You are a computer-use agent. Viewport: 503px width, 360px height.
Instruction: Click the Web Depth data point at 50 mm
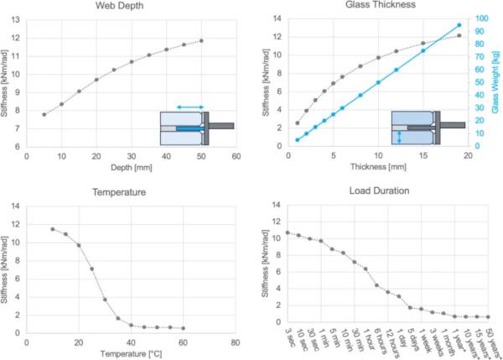click(x=201, y=40)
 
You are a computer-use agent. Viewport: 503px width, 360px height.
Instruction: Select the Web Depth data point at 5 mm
click(x=44, y=114)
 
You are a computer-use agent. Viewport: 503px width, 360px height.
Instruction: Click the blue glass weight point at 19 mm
click(x=459, y=25)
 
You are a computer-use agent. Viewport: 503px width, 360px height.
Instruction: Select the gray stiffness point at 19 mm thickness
click(x=459, y=35)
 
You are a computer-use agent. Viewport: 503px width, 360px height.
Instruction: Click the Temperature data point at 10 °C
click(x=53, y=229)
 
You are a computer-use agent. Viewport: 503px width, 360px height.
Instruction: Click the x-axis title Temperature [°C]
click(x=130, y=352)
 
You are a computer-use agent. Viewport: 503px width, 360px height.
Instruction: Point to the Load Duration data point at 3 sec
click(x=288, y=232)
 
